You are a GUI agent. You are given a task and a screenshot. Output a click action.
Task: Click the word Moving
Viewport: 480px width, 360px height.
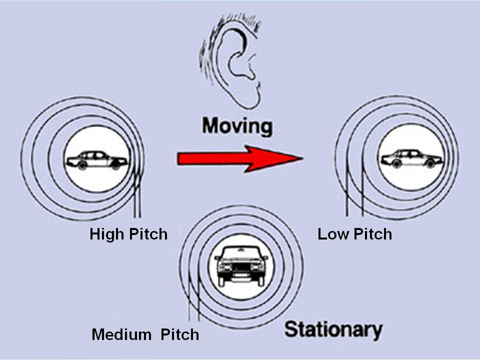click(237, 126)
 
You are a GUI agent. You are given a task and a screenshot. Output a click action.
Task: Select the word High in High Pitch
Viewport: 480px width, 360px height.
click(106, 234)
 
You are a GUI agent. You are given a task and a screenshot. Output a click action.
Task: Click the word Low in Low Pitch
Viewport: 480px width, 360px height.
click(331, 234)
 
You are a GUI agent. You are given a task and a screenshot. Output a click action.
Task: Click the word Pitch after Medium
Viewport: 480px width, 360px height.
click(179, 333)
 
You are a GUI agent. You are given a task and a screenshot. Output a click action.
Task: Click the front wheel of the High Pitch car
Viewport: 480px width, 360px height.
click(115, 165)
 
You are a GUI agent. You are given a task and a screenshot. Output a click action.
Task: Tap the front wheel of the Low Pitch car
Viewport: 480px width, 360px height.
click(429, 163)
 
